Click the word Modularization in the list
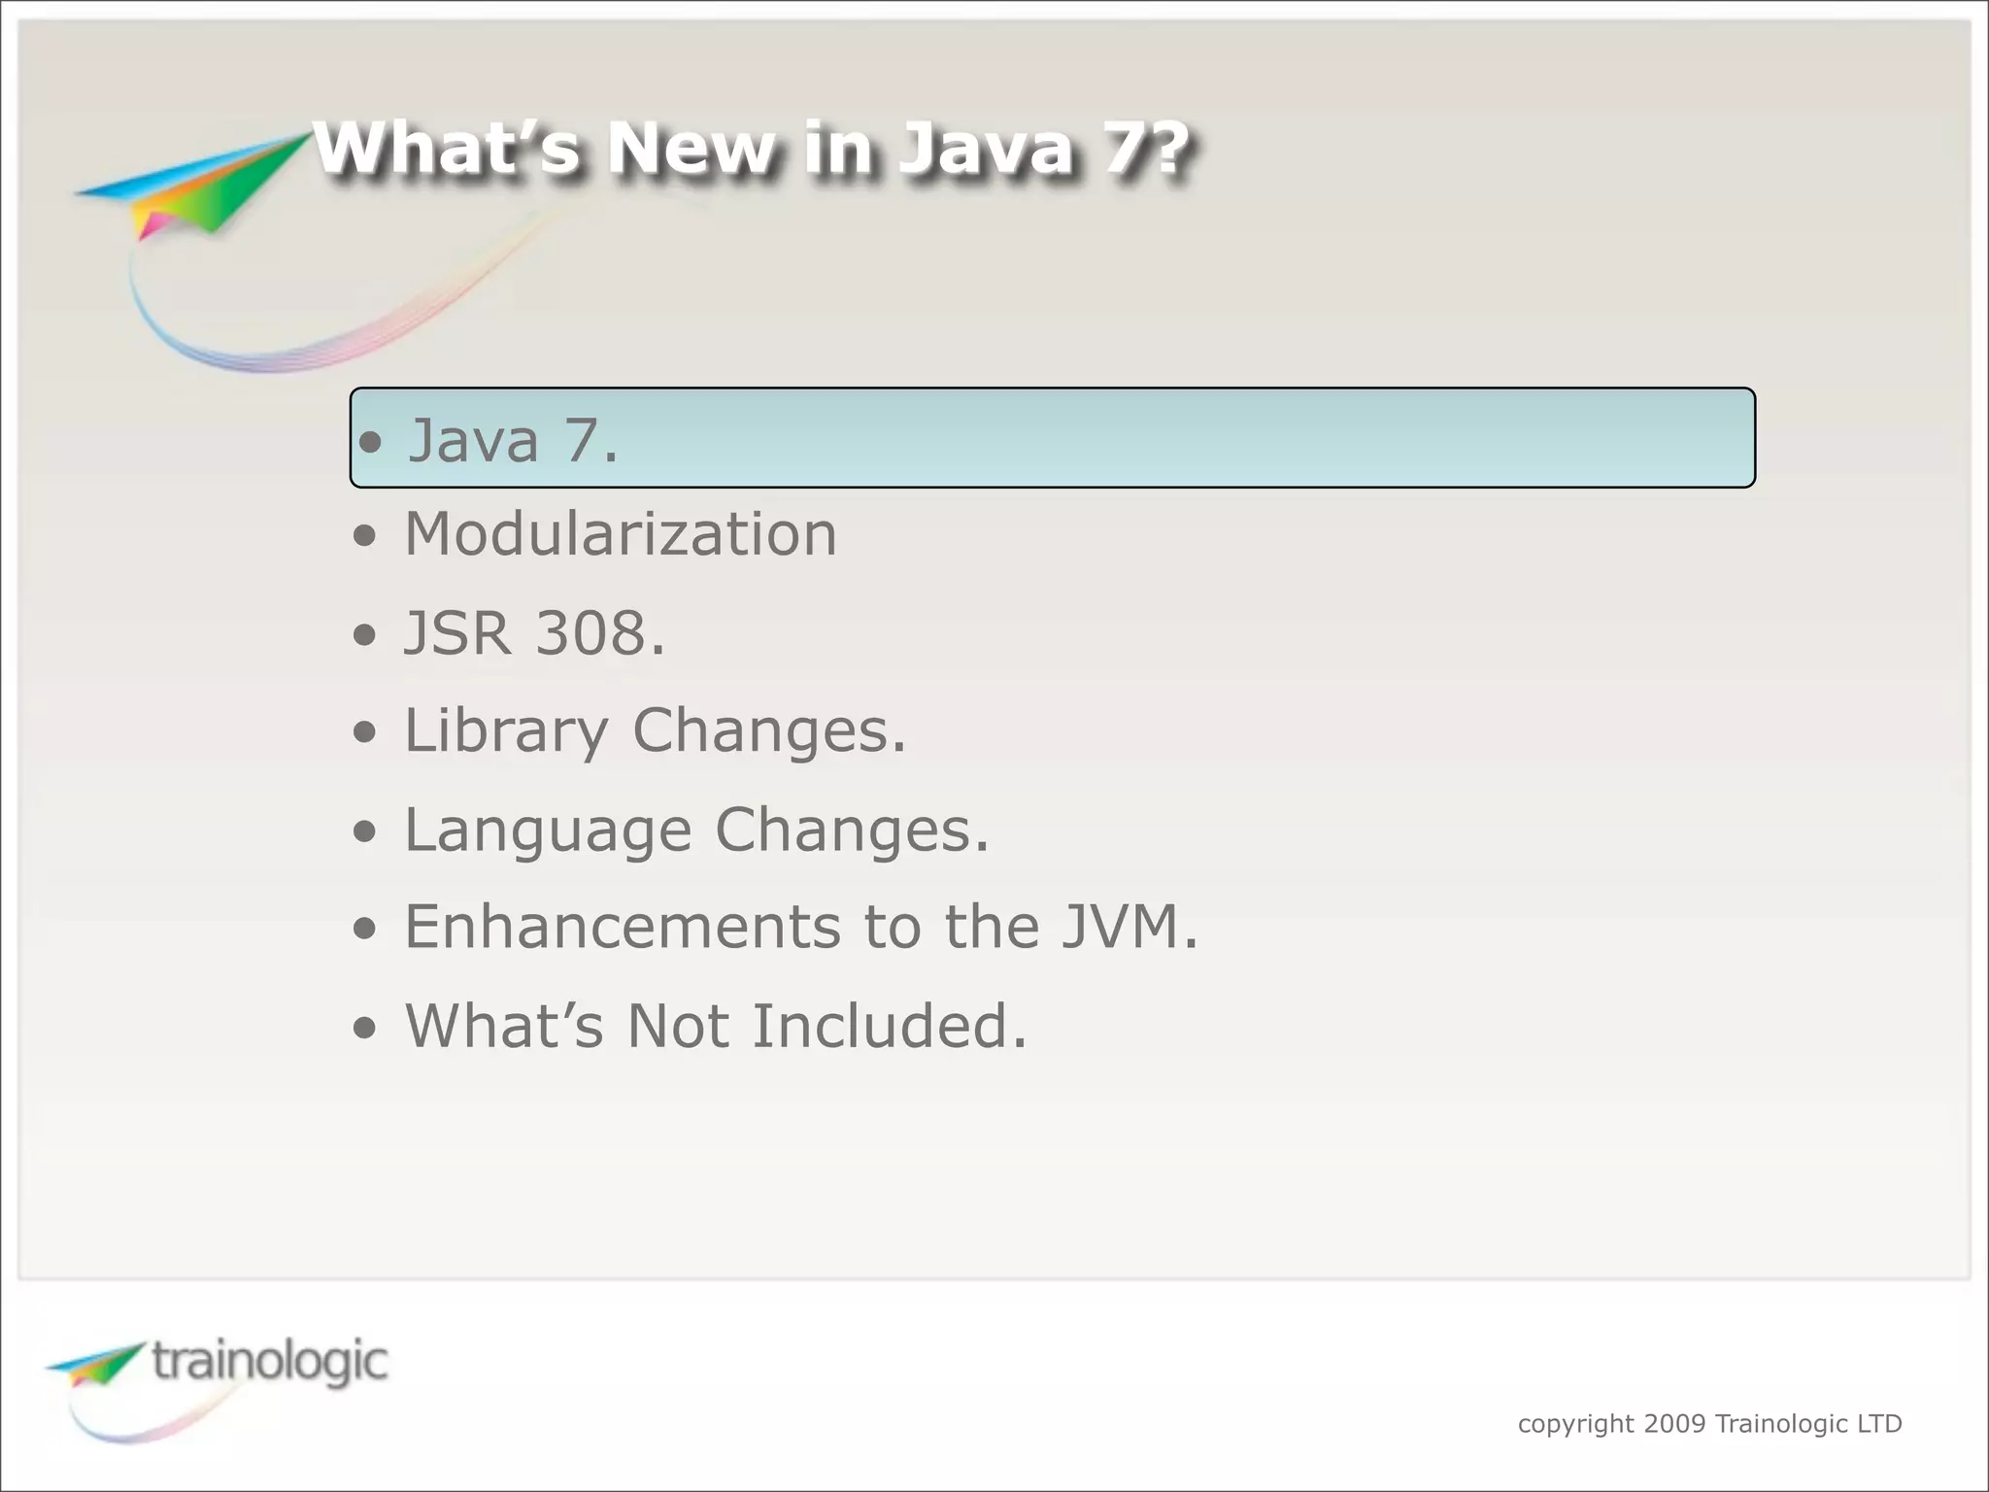(620, 534)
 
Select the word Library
(505, 731)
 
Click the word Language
(547, 831)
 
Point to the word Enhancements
(622, 927)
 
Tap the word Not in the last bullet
(677, 1027)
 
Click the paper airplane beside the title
(194, 185)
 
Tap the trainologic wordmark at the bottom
(270, 1362)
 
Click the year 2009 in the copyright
(1674, 1424)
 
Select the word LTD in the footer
(1879, 1424)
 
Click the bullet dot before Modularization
(364, 536)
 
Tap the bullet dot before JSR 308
(364, 635)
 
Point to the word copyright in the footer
(1575, 1424)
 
